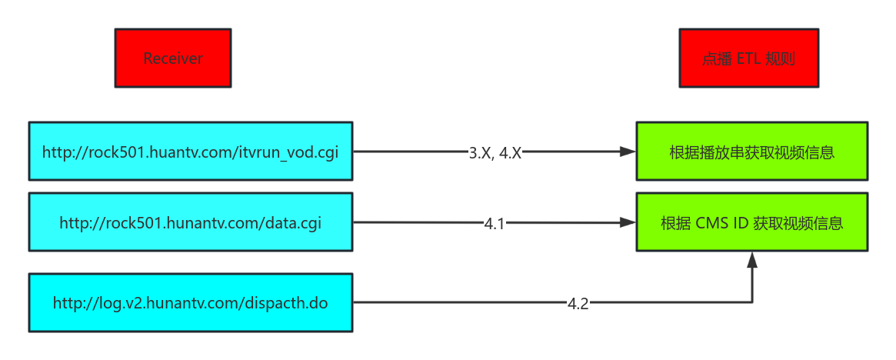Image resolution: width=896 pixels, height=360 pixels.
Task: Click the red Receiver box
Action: click(173, 58)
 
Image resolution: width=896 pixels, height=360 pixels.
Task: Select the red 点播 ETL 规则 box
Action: click(749, 58)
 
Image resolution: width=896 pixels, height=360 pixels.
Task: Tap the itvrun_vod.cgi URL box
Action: click(190, 152)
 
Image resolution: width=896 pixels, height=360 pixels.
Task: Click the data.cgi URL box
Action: click(190, 222)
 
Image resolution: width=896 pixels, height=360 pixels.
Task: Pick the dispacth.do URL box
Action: click(190, 302)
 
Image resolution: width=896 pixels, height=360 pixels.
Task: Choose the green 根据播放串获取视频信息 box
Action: click(751, 152)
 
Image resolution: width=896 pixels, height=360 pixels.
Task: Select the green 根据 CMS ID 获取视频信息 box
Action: click(751, 222)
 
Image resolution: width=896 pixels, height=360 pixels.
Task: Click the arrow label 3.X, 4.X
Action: click(495, 152)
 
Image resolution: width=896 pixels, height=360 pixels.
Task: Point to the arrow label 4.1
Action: click(495, 223)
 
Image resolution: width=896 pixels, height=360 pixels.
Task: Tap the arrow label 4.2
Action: click(578, 303)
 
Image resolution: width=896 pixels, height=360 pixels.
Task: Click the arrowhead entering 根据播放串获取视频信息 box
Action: click(628, 152)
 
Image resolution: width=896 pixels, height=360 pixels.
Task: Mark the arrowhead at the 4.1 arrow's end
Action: click(628, 223)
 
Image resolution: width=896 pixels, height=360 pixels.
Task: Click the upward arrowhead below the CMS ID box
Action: click(752, 260)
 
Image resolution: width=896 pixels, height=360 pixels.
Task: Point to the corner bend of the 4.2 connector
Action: click(752, 302)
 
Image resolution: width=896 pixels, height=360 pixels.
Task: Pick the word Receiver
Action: click(173, 58)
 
